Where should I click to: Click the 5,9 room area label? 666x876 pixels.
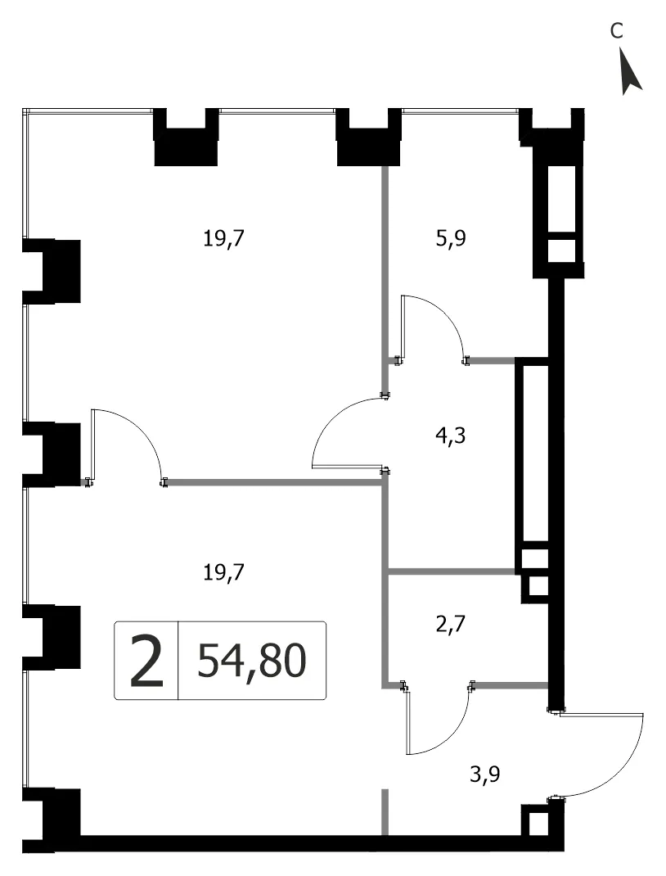(x=451, y=240)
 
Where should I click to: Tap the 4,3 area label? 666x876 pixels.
(x=450, y=436)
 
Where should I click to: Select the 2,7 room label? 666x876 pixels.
(x=450, y=623)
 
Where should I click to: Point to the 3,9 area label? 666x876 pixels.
(x=484, y=774)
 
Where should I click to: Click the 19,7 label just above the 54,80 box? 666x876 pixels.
(x=224, y=572)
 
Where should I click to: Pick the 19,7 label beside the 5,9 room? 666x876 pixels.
(x=224, y=239)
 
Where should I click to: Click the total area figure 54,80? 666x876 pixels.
(x=252, y=661)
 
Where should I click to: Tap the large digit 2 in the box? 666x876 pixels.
(x=146, y=661)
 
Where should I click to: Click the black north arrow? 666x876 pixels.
(x=630, y=71)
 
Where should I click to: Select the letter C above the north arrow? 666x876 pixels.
(x=616, y=31)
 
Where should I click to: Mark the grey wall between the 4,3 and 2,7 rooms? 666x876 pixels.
(x=452, y=571)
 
